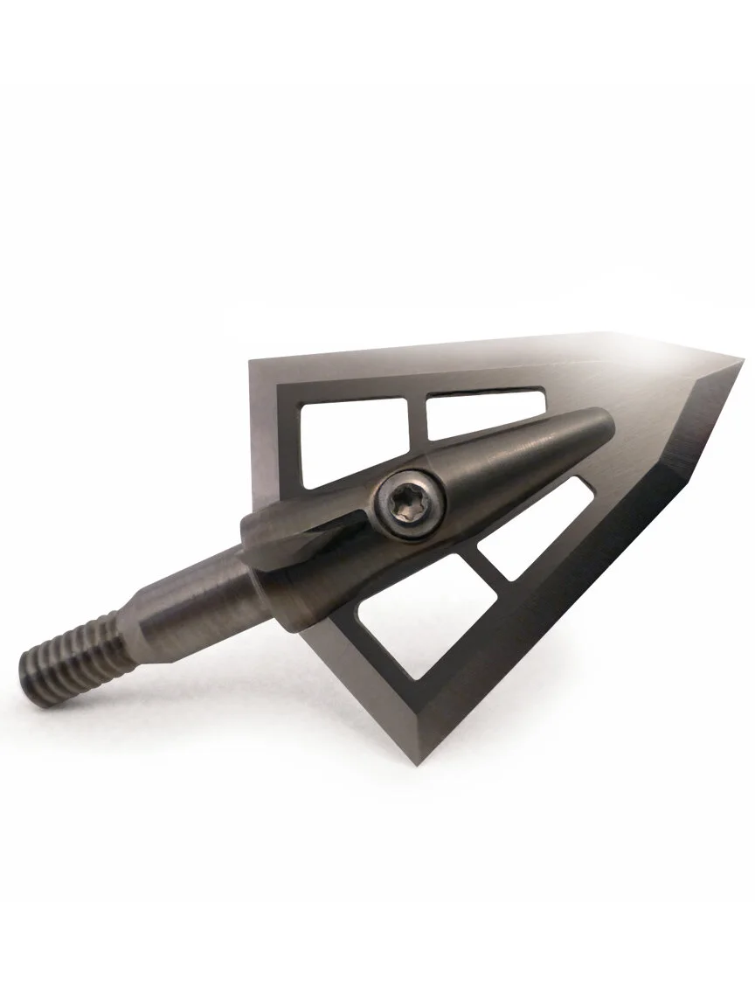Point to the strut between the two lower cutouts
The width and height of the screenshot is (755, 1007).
coord(489,573)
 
